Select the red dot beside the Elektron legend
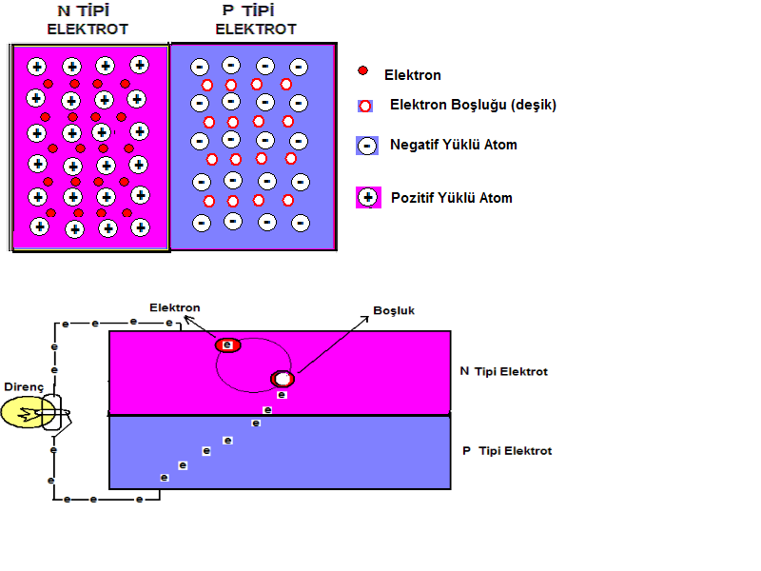(362, 71)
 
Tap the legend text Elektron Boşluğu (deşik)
(473, 106)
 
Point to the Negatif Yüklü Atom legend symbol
(367, 146)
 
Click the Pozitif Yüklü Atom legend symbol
(367, 198)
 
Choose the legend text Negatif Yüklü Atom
(454, 146)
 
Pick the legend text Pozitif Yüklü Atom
(452, 198)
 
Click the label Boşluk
(394, 311)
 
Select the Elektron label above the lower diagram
(175, 306)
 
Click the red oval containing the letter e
(228, 345)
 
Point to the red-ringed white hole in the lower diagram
(283, 379)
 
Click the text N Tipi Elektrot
(504, 371)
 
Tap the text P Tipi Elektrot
(506, 450)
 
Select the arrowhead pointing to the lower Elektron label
(187, 320)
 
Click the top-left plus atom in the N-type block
(36, 67)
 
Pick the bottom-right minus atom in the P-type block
(300, 224)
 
